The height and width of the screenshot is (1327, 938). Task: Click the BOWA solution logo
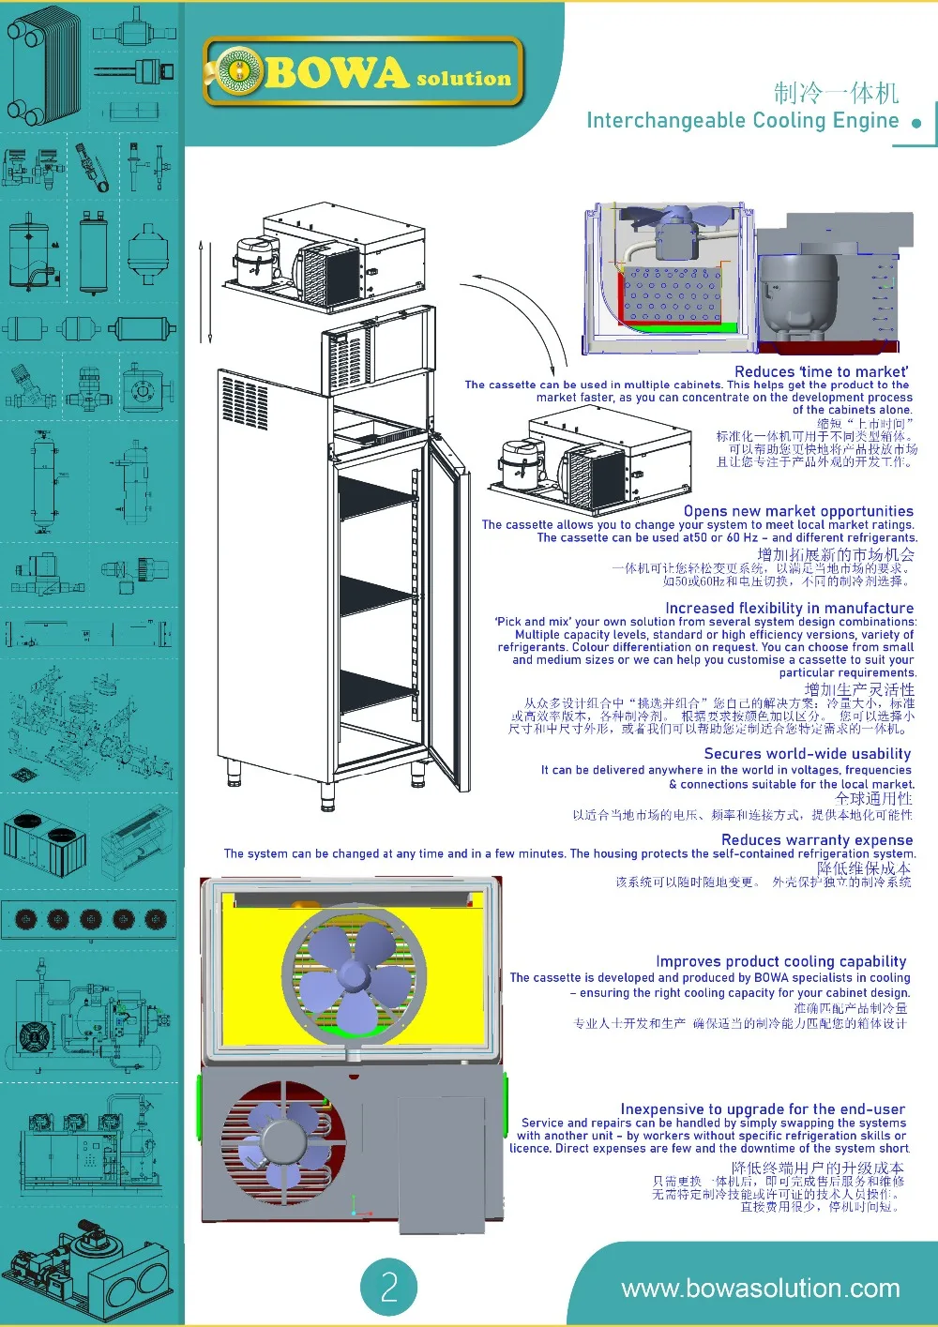363,72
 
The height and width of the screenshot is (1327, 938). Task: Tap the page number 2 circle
388,1287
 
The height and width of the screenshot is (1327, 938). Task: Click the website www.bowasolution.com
760,1289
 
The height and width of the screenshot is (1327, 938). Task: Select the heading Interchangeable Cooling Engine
742,121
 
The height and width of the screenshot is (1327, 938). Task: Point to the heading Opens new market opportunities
797,511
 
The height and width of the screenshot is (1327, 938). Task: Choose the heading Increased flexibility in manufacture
789,608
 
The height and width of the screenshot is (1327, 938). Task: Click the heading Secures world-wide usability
807,753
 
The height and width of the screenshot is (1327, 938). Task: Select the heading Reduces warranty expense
816,839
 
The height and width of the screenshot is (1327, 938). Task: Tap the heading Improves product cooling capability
780,961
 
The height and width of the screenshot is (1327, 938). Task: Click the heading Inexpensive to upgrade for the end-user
762,1108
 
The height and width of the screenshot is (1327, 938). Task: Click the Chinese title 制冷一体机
836,93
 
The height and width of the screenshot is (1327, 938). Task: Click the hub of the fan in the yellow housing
354,975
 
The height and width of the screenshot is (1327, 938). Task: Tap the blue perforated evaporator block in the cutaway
671,294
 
